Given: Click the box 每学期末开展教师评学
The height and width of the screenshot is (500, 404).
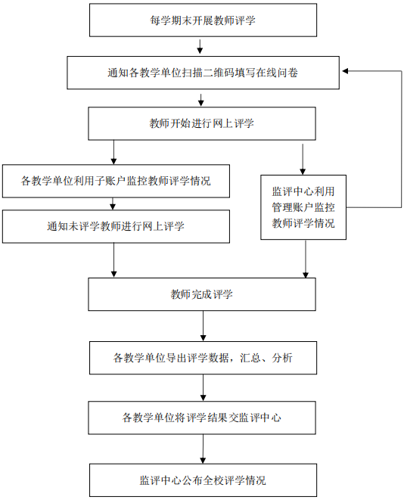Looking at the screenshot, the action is pos(203,20).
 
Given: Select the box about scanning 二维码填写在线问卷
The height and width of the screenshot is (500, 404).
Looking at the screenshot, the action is pos(203,73).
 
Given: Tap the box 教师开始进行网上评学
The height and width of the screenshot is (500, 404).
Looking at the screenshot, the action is pos(202,123).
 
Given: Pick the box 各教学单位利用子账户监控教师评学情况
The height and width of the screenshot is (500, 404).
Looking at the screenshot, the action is pos(116,181).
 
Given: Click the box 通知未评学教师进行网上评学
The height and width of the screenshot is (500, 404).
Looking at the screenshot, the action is pos(116,226).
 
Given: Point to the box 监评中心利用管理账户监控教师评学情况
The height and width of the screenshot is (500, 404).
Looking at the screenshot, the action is pos(303,207).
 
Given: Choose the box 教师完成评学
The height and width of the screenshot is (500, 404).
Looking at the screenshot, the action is pos(202,294).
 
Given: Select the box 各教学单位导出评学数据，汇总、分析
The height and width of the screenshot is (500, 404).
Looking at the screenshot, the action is pos(203,358).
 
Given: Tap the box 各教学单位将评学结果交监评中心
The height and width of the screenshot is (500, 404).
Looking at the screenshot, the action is pos(202,418).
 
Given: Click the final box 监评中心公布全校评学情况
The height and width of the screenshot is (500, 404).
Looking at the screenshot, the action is pos(203,480).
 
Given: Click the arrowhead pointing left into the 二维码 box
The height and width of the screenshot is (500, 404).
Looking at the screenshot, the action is pos(345,71).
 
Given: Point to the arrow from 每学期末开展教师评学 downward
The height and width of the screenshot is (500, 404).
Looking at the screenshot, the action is pos(200,47).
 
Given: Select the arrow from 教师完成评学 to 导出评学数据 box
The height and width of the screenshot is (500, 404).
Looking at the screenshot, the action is pos(203,326).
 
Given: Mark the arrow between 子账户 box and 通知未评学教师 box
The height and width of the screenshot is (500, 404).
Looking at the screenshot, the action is pos(112,203).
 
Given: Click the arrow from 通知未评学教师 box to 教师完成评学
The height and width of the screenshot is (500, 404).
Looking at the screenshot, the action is pos(113,260).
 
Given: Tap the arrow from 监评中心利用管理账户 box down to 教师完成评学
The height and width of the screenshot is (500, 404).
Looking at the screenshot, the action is pos(306,259).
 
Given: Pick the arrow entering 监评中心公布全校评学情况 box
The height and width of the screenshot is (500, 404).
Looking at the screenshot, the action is pos(203,449).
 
